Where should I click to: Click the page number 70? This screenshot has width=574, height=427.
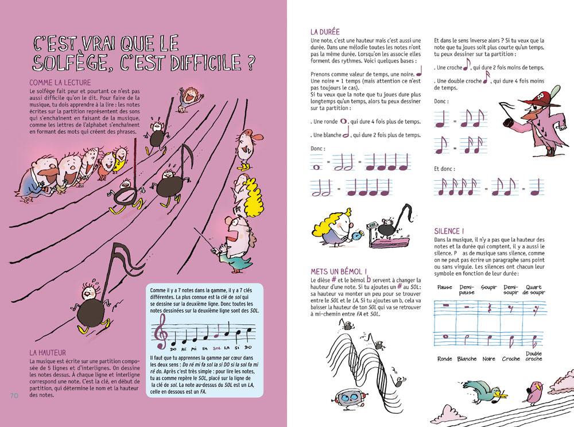pos(15,396)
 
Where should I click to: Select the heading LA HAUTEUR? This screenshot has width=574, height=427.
pos(48,352)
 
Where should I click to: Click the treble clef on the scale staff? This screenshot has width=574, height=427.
pos(160,332)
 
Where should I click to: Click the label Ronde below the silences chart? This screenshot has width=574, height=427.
pos(445,359)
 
